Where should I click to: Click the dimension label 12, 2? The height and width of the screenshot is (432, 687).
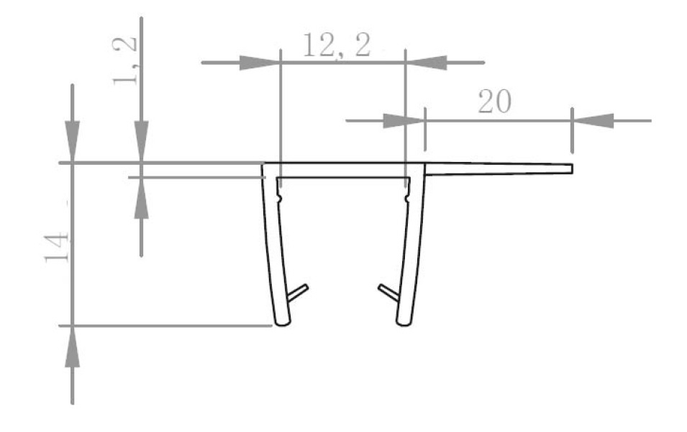click(337, 45)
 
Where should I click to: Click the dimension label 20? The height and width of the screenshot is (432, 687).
click(494, 102)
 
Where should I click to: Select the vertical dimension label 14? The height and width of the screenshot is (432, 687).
click(57, 248)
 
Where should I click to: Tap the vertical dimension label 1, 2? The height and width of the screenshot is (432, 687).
click(125, 61)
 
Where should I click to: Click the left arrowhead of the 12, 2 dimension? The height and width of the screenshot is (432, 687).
click(260, 63)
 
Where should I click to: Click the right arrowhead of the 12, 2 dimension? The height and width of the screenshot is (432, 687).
click(426, 63)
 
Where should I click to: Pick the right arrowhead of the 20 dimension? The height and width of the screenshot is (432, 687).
click(593, 121)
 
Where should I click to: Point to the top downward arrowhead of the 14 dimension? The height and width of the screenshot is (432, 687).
click(72, 141)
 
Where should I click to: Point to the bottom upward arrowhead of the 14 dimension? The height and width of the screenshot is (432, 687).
click(72, 346)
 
